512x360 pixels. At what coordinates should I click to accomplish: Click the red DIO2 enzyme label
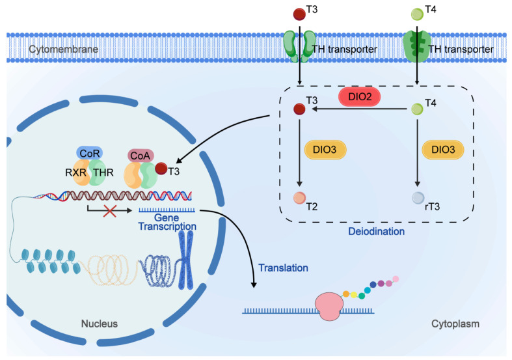click(360, 97)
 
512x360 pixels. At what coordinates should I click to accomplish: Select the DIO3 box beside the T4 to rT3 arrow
click(443, 150)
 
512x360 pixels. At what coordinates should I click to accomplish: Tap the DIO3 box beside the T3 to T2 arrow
click(325, 150)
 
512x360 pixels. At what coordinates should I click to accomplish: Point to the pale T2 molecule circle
click(299, 198)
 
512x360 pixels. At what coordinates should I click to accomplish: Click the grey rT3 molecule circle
click(418, 198)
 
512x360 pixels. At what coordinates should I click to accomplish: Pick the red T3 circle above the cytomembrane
click(299, 14)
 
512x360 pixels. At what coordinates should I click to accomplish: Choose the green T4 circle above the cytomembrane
click(417, 14)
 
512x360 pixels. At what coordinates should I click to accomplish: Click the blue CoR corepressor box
click(90, 153)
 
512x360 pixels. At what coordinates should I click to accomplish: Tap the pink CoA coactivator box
click(141, 156)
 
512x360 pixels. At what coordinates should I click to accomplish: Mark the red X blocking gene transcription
click(110, 211)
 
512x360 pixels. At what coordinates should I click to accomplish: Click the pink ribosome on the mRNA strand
click(329, 307)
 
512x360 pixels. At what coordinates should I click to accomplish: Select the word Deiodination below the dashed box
click(377, 231)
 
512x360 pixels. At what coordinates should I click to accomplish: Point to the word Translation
click(284, 268)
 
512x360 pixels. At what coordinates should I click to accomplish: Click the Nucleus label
click(100, 324)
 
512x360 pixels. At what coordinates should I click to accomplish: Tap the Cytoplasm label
click(455, 324)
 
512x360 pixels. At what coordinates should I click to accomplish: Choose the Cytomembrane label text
click(63, 49)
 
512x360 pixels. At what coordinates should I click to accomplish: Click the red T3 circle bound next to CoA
click(161, 169)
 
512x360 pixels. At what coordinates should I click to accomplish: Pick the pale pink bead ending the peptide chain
click(396, 279)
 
